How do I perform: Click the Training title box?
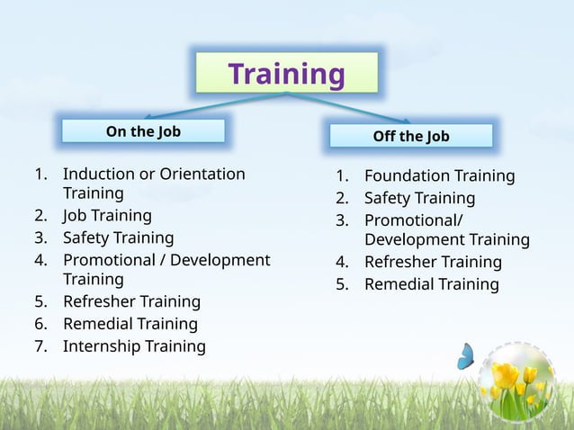287,74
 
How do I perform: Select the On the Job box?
143,131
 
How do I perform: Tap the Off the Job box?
411,136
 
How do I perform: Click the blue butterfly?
466,356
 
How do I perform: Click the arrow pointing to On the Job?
207,104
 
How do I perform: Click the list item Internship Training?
134,346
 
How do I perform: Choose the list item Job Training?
107,216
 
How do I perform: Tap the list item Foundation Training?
439,175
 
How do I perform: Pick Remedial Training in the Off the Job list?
431,284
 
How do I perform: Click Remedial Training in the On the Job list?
130,324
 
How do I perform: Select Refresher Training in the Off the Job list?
433,262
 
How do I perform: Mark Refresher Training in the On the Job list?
131,301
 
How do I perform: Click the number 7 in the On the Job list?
39,346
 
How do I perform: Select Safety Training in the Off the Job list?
419,198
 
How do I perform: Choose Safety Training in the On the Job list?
118,238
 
